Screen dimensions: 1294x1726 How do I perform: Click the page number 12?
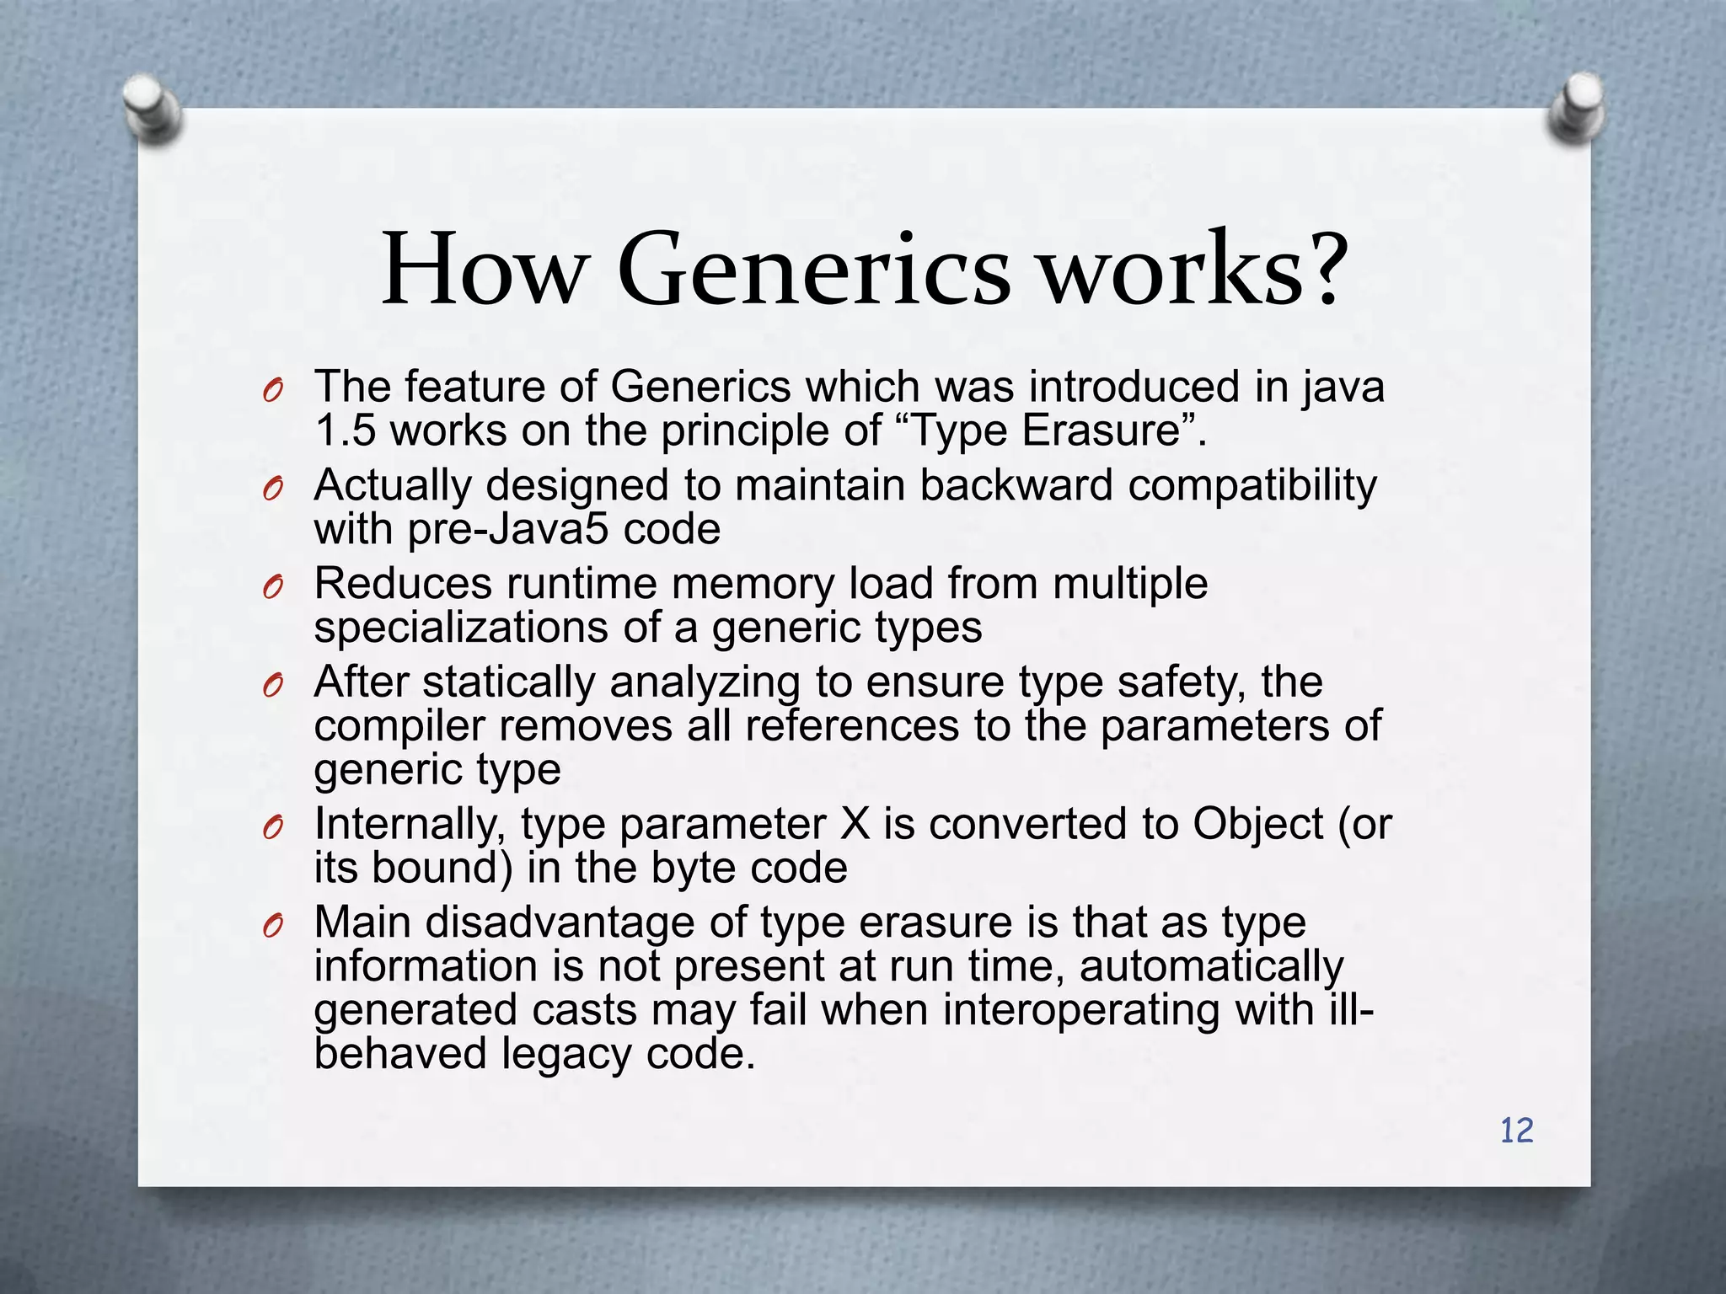pos(1516,1131)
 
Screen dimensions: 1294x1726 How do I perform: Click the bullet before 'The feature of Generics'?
pos(271,391)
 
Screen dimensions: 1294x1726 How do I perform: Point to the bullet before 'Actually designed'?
pos(271,489)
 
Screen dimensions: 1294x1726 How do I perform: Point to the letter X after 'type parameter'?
pos(855,824)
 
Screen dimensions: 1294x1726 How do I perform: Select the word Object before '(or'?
pos(1257,824)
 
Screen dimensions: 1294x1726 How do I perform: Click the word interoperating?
pos(1080,1009)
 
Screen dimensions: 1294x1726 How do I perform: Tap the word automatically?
pos(1211,965)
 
